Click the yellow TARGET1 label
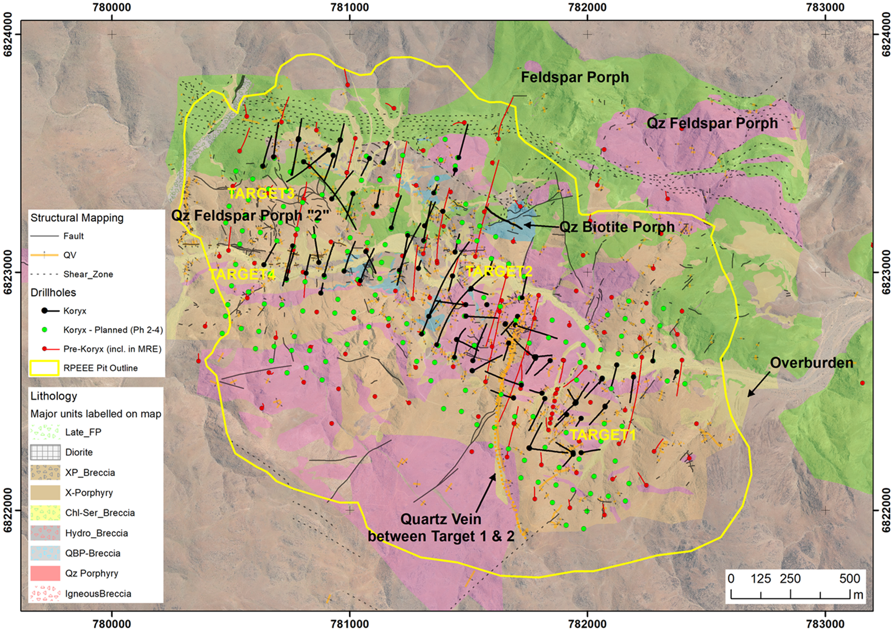(602, 435)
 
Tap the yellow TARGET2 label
(499, 271)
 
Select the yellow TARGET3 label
(261, 193)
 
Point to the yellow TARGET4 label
(242, 274)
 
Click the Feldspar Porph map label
(575, 77)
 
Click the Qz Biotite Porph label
(616, 227)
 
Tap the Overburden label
(811, 363)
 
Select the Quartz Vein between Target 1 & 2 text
(441, 528)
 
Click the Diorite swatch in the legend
(45, 452)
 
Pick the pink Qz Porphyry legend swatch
(45, 573)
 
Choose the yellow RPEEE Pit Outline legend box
(44, 368)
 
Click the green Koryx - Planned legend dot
(44, 330)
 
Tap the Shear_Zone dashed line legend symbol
(44, 274)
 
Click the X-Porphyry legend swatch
(45, 493)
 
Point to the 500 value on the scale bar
(849, 579)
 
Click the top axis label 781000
(350, 8)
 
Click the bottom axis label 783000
(825, 623)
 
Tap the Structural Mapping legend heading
(77, 218)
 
